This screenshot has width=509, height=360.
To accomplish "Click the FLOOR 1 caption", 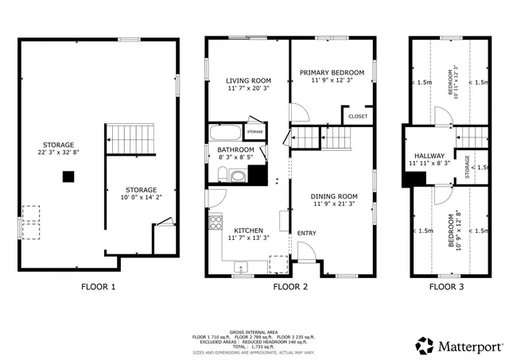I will click(99, 287).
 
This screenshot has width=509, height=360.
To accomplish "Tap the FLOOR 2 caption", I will click(290, 287).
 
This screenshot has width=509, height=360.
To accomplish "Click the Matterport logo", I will click(459, 346).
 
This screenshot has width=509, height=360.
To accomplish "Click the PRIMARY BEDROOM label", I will click(332, 72).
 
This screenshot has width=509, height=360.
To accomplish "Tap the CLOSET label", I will click(357, 117).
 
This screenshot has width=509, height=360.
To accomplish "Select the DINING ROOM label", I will click(333, 195).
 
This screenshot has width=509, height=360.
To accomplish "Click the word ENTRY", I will click(306, 233).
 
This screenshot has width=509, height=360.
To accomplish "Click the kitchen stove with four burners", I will click(215, 222).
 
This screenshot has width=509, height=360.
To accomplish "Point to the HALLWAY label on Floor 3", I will click(429, 156).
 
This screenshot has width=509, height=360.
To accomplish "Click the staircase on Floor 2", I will click(323, 139).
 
